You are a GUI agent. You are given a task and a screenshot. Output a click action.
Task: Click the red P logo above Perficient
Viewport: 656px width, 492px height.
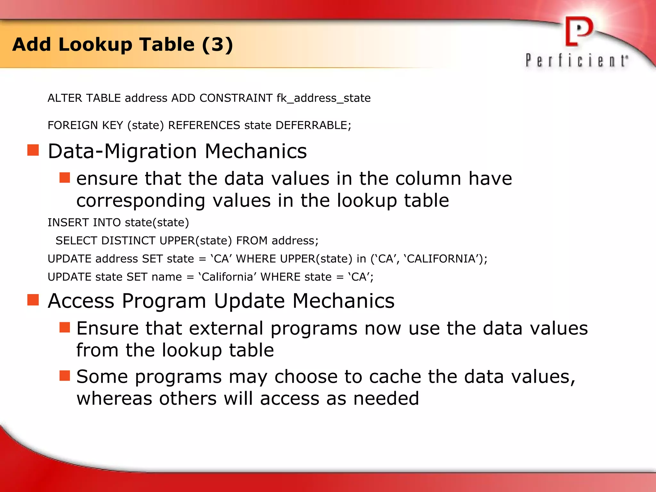click(578, 31)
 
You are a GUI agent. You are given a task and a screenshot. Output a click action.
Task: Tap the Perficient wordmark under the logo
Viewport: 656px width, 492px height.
click(577, 61)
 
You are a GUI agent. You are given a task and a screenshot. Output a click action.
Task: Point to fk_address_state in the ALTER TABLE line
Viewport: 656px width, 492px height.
click(324, 98)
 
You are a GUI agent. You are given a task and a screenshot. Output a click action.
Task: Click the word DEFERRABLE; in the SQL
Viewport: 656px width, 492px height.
click(313, 125)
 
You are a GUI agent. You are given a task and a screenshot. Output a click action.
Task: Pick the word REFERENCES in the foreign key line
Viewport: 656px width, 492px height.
click(204, 125)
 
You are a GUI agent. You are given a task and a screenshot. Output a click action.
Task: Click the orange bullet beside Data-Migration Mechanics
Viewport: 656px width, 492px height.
click(33, 150)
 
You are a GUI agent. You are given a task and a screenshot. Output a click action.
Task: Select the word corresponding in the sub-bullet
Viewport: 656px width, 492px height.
click(141, 201)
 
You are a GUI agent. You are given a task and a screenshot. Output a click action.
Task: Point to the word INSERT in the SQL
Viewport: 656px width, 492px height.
click(68, 222)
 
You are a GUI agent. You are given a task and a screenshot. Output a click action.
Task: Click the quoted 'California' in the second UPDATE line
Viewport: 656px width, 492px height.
click(228, 277)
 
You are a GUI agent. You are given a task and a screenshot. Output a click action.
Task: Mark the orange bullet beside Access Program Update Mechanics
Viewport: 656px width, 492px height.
click(33, 300)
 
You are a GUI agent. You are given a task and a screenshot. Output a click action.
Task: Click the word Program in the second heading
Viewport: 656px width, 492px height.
click(164, 301)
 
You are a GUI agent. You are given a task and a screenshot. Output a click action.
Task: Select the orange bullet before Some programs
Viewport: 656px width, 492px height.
click(65, 375)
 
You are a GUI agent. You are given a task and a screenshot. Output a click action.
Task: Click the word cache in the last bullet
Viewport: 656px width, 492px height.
click(395, 377)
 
